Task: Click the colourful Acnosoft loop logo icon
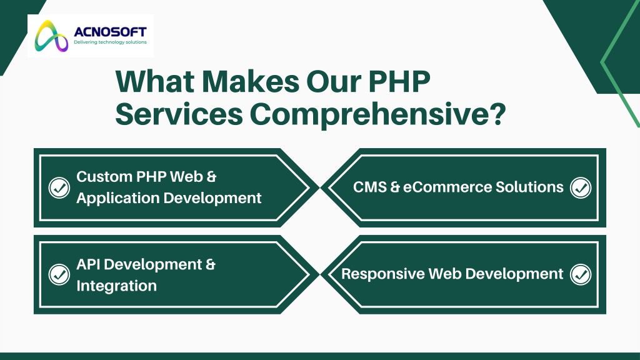tap(51, 36)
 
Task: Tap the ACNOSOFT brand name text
tap(110, 31)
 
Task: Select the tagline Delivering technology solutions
tap(110, 42)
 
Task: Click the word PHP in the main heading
tap(399, 81)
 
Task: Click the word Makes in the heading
tap(251, 81)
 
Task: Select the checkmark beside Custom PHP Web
tap(59, 187)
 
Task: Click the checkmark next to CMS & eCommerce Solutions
tap(581, 187)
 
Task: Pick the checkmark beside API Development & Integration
tap(59, 274)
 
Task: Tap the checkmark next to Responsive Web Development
tap(581, 274)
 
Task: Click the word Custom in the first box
tap(104, 177)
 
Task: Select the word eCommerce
tap(447, 187)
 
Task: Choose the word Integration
tap(116, 286)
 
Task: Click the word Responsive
tap(383, 274)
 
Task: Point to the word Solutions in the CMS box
tap(529, 187)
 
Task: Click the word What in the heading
tap(155, 81)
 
